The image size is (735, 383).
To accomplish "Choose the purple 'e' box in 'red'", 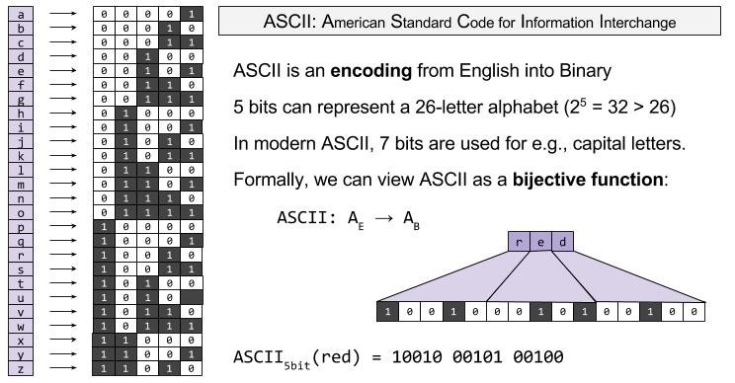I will pyautogui.click(x=540, y=243).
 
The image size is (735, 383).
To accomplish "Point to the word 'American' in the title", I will pyautogui.click(x=324, y=22).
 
